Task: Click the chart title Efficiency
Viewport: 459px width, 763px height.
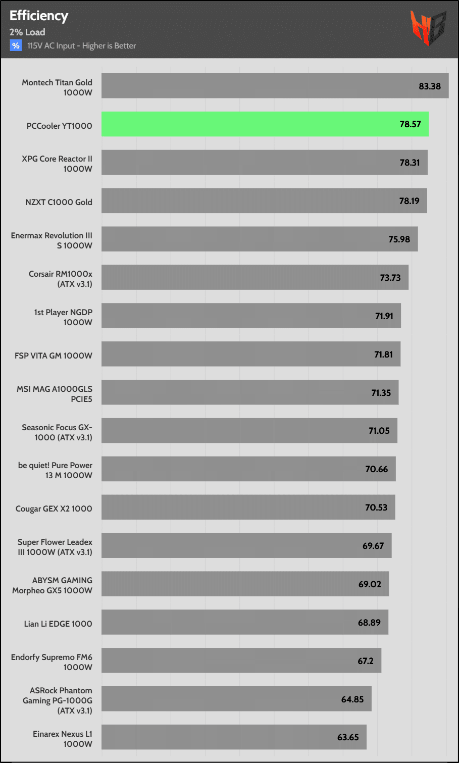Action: (39, 16)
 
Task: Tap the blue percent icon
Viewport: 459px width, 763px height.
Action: (16, 45)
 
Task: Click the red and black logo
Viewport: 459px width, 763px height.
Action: (428, 28)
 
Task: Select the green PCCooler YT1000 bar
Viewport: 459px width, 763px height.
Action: (265, 124)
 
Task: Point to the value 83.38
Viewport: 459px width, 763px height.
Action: (429, 86)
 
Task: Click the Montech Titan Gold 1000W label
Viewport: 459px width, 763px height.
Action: (57, 87)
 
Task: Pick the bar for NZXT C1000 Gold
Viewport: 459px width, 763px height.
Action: (264, 201)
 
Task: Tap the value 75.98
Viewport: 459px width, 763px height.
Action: (399, 239)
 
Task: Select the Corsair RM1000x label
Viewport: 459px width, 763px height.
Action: (61, 279)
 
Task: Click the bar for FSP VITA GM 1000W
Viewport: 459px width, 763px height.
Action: (250, 354)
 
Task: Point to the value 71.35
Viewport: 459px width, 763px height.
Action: (381, 393)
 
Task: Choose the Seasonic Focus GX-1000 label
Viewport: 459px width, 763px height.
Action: (57, 432)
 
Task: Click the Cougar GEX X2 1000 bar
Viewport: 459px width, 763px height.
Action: (248, 507)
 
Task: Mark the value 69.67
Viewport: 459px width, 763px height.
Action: (373, 546)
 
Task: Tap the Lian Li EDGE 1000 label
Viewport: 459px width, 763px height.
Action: (58, 624)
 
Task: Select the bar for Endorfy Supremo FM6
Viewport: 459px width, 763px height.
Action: (241, 660)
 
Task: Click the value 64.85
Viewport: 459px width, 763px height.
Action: (352, 699)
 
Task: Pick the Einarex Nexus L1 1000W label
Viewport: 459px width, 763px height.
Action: (63, 739)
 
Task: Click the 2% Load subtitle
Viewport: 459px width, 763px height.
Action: (27, 32)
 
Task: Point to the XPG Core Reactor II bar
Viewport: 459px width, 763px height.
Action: (264, 163)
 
